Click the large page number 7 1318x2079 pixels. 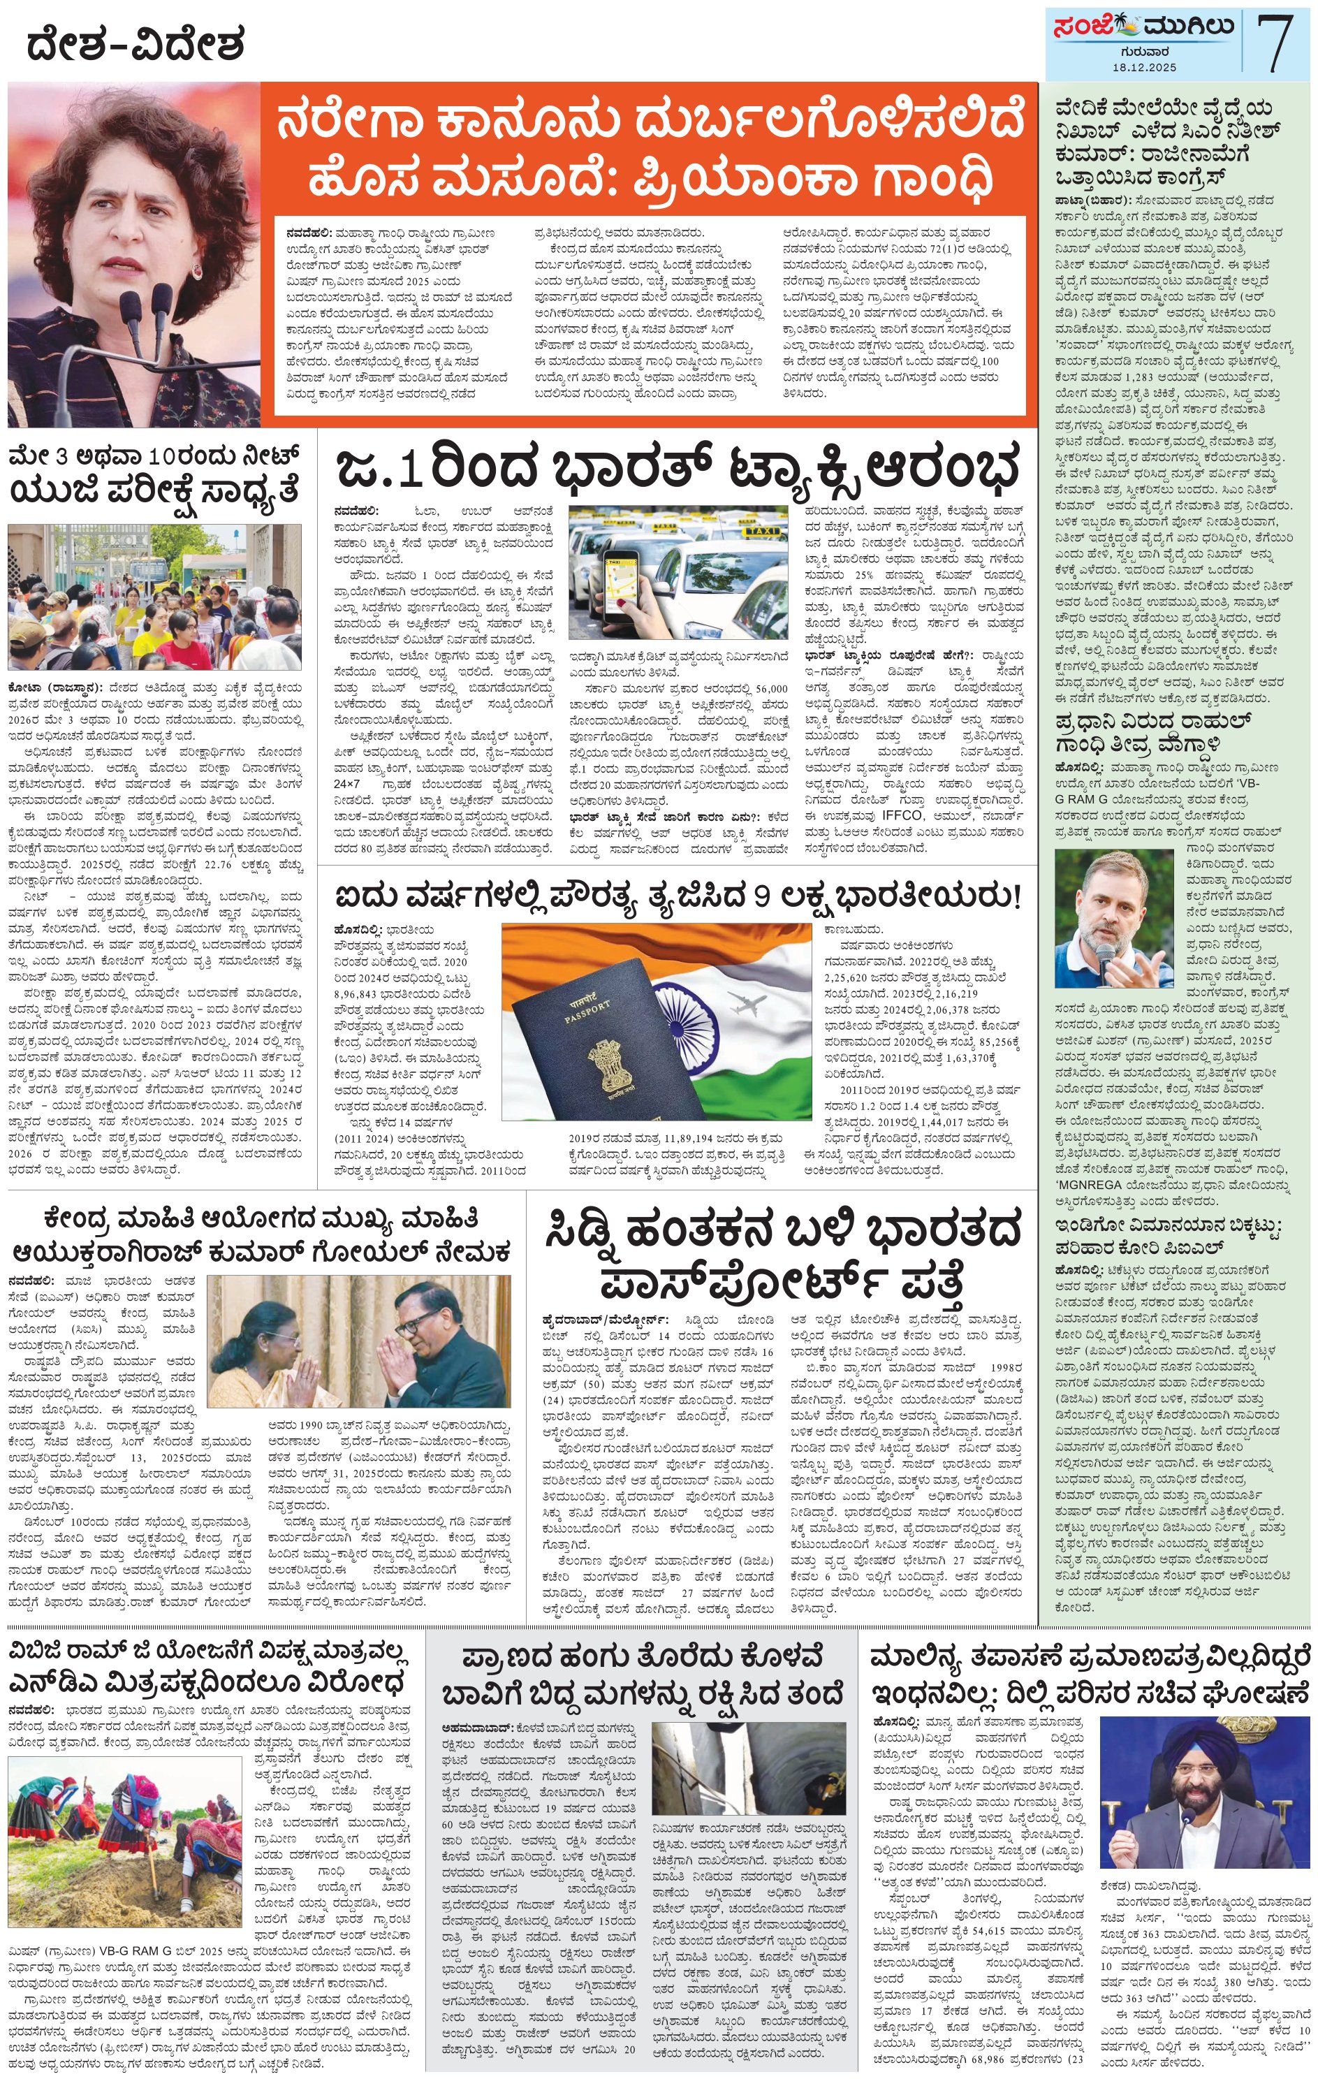point(1275,43)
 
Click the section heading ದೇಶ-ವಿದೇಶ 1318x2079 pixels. point(136,44)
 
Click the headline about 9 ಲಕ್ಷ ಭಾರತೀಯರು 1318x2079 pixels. point(677,896)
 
